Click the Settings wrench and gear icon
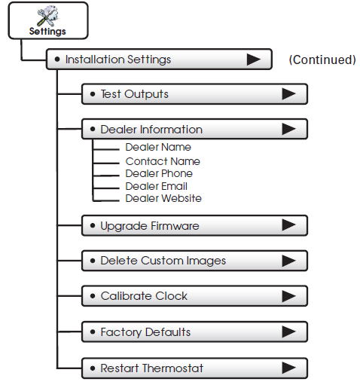click(x=47, y=16)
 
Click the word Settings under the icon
click(x=47, y=32)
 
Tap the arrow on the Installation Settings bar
click(x=254, y=60)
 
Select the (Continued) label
click(x=322, y=60)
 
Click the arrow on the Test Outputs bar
click(x=288, y=94)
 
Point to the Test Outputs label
click(x=134, y=94)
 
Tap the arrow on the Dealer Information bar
click(x=288, y=129)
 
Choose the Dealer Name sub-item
click(x=158, y=147)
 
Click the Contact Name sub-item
click(x=163, y=161)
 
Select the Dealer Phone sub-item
click(x=159, y=173)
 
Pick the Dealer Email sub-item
click(x=157, y=186)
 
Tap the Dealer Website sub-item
click(x=163, y=198)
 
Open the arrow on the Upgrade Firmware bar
click(x=288, y=225)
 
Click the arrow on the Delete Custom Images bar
click(x=288, y=261)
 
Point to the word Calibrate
click(x=126, y=296)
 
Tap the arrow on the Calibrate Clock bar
click(x=288, y=296)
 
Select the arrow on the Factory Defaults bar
click(x=288, y=331)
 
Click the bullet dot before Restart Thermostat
click(x=93, y=368)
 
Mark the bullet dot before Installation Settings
click(x=57, y=60)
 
